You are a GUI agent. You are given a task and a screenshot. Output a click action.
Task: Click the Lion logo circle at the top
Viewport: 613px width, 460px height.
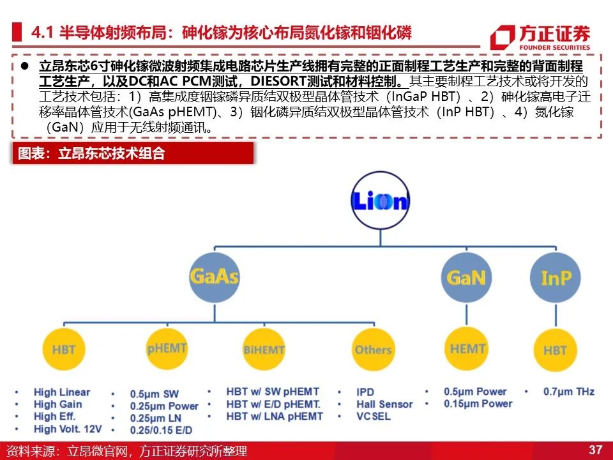381,200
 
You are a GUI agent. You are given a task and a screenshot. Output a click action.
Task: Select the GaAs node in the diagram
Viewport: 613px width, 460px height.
215,277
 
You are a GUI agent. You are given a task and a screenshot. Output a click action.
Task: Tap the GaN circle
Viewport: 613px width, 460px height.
466,277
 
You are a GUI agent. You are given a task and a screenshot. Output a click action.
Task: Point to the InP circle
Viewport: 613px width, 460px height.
556,277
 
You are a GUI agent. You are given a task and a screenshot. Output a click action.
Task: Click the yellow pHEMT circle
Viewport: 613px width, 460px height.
167,349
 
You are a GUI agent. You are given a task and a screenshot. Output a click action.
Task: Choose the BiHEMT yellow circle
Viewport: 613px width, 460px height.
264,349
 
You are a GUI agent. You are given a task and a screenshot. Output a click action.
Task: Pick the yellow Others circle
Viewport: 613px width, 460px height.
374,349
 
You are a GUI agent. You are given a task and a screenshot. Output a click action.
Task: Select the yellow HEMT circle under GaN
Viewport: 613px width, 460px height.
467,349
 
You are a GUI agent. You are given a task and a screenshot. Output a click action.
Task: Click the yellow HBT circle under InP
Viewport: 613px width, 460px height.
555,349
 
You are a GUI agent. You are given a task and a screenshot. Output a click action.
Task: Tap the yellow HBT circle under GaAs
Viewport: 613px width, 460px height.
64,349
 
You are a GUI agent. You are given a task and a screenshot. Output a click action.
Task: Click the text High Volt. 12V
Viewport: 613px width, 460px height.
68,429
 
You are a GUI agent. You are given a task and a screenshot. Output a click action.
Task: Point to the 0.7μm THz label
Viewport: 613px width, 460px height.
569,392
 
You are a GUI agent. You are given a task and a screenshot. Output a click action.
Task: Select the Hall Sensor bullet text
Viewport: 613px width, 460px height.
384,404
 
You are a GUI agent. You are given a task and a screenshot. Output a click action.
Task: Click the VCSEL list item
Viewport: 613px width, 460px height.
374,416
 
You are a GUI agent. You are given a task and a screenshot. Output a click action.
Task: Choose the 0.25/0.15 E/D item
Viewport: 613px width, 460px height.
161,430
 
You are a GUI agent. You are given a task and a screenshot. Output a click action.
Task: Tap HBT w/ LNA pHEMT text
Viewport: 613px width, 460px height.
275,416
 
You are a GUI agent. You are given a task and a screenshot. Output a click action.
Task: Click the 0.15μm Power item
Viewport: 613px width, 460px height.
478,404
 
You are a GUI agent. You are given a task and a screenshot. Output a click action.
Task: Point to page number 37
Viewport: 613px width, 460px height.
595,449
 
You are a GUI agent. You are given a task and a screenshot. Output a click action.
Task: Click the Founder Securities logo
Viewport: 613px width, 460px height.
540,37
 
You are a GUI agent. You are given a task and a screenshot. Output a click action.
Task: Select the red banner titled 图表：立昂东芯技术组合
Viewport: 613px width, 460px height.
133,153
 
